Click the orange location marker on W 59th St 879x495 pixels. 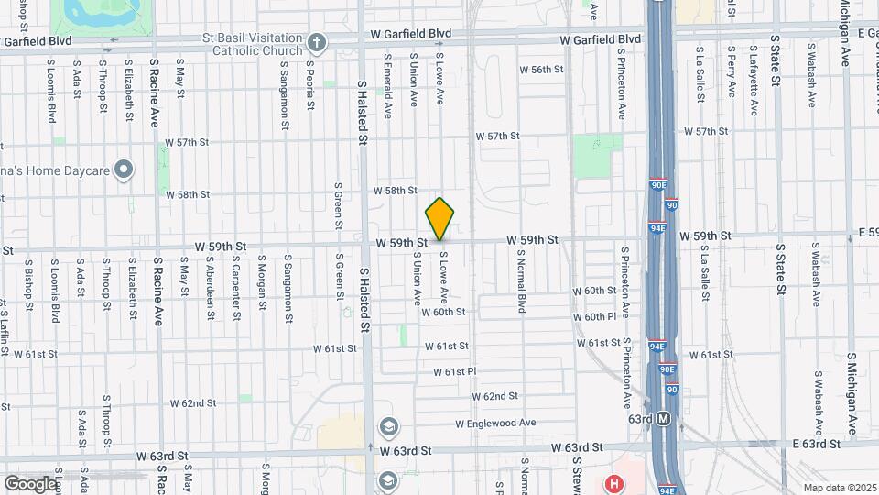tap(440, 219)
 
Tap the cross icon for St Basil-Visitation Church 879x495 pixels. tap(316, 42)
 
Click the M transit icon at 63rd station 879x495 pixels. tap(664, 419)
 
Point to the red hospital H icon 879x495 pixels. tap(614, 482)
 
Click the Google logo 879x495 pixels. tap(29, 483)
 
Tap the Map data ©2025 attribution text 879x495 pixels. tap(839, 488)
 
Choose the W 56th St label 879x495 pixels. tap(540, 70)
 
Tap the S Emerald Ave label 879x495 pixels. tap(388, 90)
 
